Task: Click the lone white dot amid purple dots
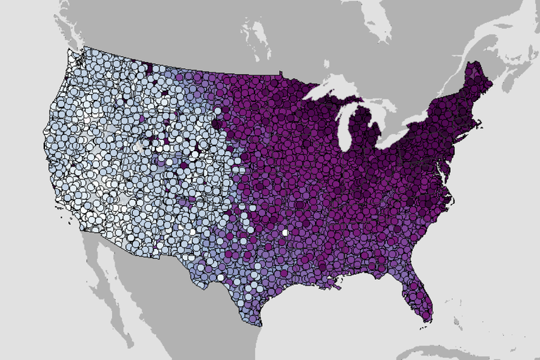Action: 285,232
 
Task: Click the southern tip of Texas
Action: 259,323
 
